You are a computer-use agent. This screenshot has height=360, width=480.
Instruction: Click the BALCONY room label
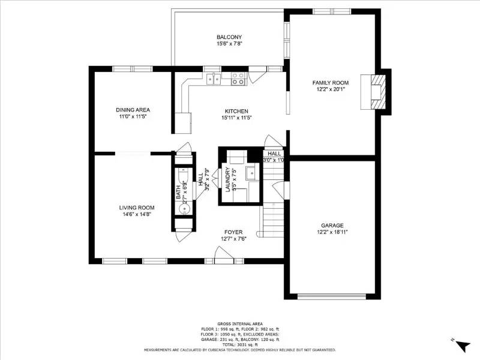(x=229, y=37)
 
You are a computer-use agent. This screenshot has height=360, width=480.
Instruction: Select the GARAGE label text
(x=332, y=225)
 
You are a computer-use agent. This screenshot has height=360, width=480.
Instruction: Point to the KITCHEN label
(x=236, y=111)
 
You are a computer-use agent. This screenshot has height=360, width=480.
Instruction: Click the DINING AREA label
(x=133, y=110)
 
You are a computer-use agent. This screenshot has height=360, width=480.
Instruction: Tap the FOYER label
(x=233, y=232)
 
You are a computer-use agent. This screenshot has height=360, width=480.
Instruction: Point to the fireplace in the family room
(x=376, y=92)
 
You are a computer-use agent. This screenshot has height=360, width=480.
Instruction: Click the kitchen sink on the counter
(x=213, y=77)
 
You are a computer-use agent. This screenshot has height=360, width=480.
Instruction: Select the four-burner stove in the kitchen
(x=238, y=77)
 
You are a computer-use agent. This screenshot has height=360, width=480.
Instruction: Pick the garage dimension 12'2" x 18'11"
(x=332, y=232)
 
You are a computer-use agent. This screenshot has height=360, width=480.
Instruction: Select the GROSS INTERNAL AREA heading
(x=239, y=323)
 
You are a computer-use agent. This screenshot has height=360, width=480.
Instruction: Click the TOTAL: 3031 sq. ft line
(x=239, y=345)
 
